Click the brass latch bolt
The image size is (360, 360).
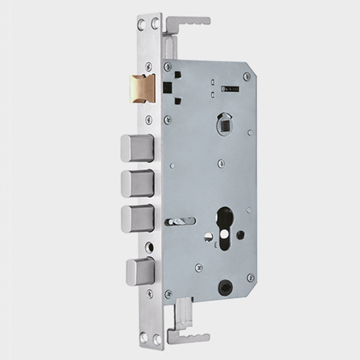click(142, 88)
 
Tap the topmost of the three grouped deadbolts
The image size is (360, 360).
click(137, 148)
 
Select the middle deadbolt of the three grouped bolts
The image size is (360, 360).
click(137, 183)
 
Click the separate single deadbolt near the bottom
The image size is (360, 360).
click(140, 272)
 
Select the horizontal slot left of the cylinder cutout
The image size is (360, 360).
click(180, 221)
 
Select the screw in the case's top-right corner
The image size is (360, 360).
click(247, 77)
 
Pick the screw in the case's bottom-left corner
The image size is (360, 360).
click(168, 294)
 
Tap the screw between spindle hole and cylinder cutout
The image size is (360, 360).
click(221, 164)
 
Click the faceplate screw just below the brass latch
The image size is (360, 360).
click(149, 120)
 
